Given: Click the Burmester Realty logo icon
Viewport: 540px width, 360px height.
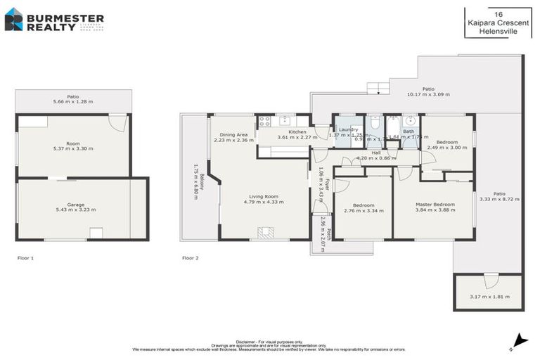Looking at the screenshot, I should [x=13, y=20].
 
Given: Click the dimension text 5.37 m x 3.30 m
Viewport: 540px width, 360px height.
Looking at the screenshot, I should [x=74, y=148].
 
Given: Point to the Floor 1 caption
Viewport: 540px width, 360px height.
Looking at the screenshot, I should [x=25, y=258].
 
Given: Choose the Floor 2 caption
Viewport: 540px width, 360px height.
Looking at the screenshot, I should [x=191, y=258].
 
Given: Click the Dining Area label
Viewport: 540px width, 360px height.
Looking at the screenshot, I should [x=233, y=134].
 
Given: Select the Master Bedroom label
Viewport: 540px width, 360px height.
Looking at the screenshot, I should [x=435, y=204].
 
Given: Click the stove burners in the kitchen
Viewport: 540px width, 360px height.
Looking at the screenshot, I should [x=265, y=120].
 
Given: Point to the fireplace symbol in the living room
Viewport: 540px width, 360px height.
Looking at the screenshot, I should [x=265, y=232].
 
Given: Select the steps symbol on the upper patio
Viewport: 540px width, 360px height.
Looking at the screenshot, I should [x=378, y=88].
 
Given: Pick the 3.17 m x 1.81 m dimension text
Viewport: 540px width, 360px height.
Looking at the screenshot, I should [x=489, y=296].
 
